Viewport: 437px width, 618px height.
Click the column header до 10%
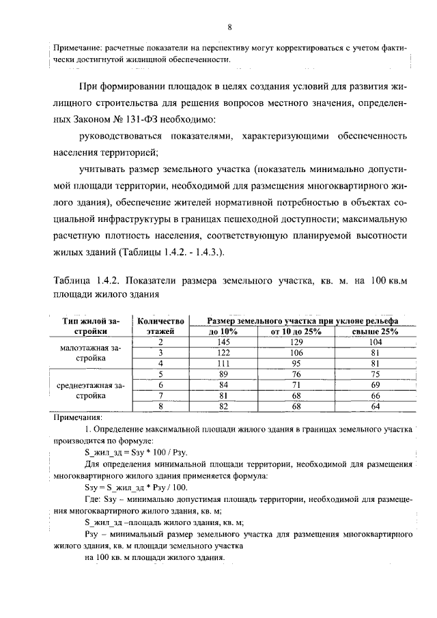(x=223, y=331)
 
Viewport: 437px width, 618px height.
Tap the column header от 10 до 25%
(x=296, y=331)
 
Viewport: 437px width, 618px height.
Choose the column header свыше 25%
(x=374, y=331)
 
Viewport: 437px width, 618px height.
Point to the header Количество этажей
(x=161, y=326)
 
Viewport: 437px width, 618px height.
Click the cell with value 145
(x=223, y=341)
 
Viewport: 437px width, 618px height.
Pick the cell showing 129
(x=296, y=341)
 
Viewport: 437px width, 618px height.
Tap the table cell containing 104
(x=374, y=341)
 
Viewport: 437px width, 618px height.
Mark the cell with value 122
(x=223, y=352)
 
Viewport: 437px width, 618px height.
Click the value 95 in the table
(x=296, y=363)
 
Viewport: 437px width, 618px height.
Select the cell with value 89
(x=223, y=374)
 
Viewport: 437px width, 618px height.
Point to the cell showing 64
(x=374, y=406)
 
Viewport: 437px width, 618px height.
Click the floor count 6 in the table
(x=161, y=385)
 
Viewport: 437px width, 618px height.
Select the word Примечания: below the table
(x=77, y=417)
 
